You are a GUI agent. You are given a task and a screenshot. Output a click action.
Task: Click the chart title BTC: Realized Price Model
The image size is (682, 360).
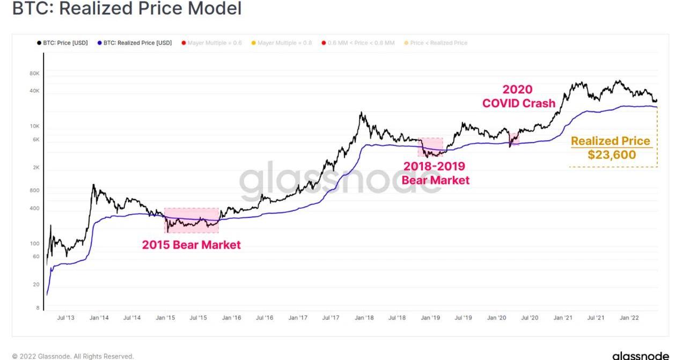pyautogui.click(x=127, y=9)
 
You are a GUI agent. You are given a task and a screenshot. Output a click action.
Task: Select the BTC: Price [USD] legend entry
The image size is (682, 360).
pyautogui.click(x=62, y=43)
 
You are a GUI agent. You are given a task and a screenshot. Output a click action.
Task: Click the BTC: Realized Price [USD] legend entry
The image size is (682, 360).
pyautogui.click(x=135, y=43)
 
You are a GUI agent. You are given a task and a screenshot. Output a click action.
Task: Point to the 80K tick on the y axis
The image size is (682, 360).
pyautogui.click(x=34, y=74)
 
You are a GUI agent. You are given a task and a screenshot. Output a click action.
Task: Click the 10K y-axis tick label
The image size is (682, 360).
pyautogui.click(x=34, y=127)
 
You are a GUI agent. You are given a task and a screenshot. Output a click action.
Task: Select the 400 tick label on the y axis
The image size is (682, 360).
pyautogui.click(x=34, y=208)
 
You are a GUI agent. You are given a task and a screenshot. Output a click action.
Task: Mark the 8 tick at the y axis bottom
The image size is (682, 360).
pyautogui.click(x=38, y=308)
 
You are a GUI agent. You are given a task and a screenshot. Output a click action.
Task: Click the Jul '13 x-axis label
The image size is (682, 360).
pyautogui.click(x=65, y=318)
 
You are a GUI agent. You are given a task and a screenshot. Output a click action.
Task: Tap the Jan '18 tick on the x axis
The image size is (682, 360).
pyautogui.click(x=364, y=318)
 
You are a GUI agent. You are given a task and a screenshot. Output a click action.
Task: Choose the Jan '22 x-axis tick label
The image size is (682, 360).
pyautogui.click(x=628, y=318)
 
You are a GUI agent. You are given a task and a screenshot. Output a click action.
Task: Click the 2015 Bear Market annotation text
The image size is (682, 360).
pyautogui.click(x=191, y=245)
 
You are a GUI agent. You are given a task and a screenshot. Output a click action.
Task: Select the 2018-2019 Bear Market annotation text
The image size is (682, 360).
pyautogui.click(x=435, y=173)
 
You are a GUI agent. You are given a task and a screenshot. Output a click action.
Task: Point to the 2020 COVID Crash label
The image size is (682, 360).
pyautogui.click(x=518, y=97)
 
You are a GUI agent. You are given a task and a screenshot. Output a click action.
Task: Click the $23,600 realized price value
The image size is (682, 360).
pyautogui.click(x=612, y=155)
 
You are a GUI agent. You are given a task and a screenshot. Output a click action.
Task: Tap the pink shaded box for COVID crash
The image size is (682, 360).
pyautogui.click(x=514, y=139)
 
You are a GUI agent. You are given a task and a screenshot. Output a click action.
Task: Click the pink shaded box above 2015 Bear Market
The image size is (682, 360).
pyautogui.click(x=191, y=220)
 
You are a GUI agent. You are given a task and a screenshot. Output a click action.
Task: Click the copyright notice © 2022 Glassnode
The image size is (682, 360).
pyautogui.click(x=72, y=356)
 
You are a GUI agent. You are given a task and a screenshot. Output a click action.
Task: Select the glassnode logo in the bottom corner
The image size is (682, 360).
pyautogui.click(x=640, y=355)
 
